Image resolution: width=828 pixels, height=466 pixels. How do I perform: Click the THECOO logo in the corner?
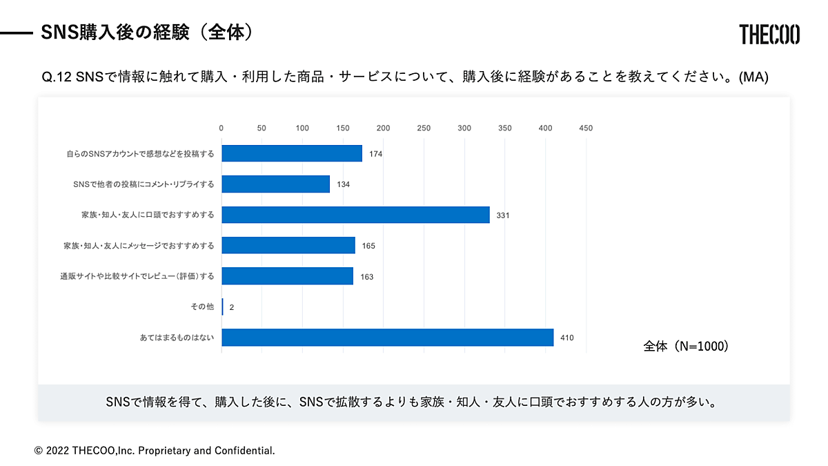click(769, 34)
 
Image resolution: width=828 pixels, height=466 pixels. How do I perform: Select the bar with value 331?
click(355, 215)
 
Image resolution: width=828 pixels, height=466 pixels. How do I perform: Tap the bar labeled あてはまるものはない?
click(387, 338)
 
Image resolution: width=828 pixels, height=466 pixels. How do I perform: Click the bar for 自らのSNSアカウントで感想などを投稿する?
click(292, 153)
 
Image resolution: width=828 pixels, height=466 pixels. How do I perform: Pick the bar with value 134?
click(275, 184)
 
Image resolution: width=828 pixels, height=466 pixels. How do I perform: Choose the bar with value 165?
click(288, 245)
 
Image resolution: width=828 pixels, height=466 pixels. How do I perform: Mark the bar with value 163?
click(287, 276)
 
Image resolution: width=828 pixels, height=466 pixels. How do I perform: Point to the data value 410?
click(567, 338)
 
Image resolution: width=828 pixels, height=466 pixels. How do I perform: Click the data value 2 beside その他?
click(232, 307)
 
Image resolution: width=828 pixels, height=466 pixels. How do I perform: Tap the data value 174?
click(375, 154)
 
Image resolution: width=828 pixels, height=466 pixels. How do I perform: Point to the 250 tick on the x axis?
click(424, 128)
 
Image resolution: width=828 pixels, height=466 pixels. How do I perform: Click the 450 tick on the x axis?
click(586, 128)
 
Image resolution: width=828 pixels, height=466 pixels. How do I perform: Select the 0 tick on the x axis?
click(221, 128)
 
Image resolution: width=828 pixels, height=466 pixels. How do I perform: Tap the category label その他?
click(201, 307)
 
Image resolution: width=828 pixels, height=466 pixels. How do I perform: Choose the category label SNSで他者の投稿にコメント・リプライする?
click(144, 184)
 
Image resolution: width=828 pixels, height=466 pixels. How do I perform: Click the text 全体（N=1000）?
click(686, 347)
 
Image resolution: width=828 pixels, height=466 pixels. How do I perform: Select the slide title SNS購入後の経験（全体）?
click(145, 32)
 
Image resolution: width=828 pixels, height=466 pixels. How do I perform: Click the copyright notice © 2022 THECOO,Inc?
click(155, 451)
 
